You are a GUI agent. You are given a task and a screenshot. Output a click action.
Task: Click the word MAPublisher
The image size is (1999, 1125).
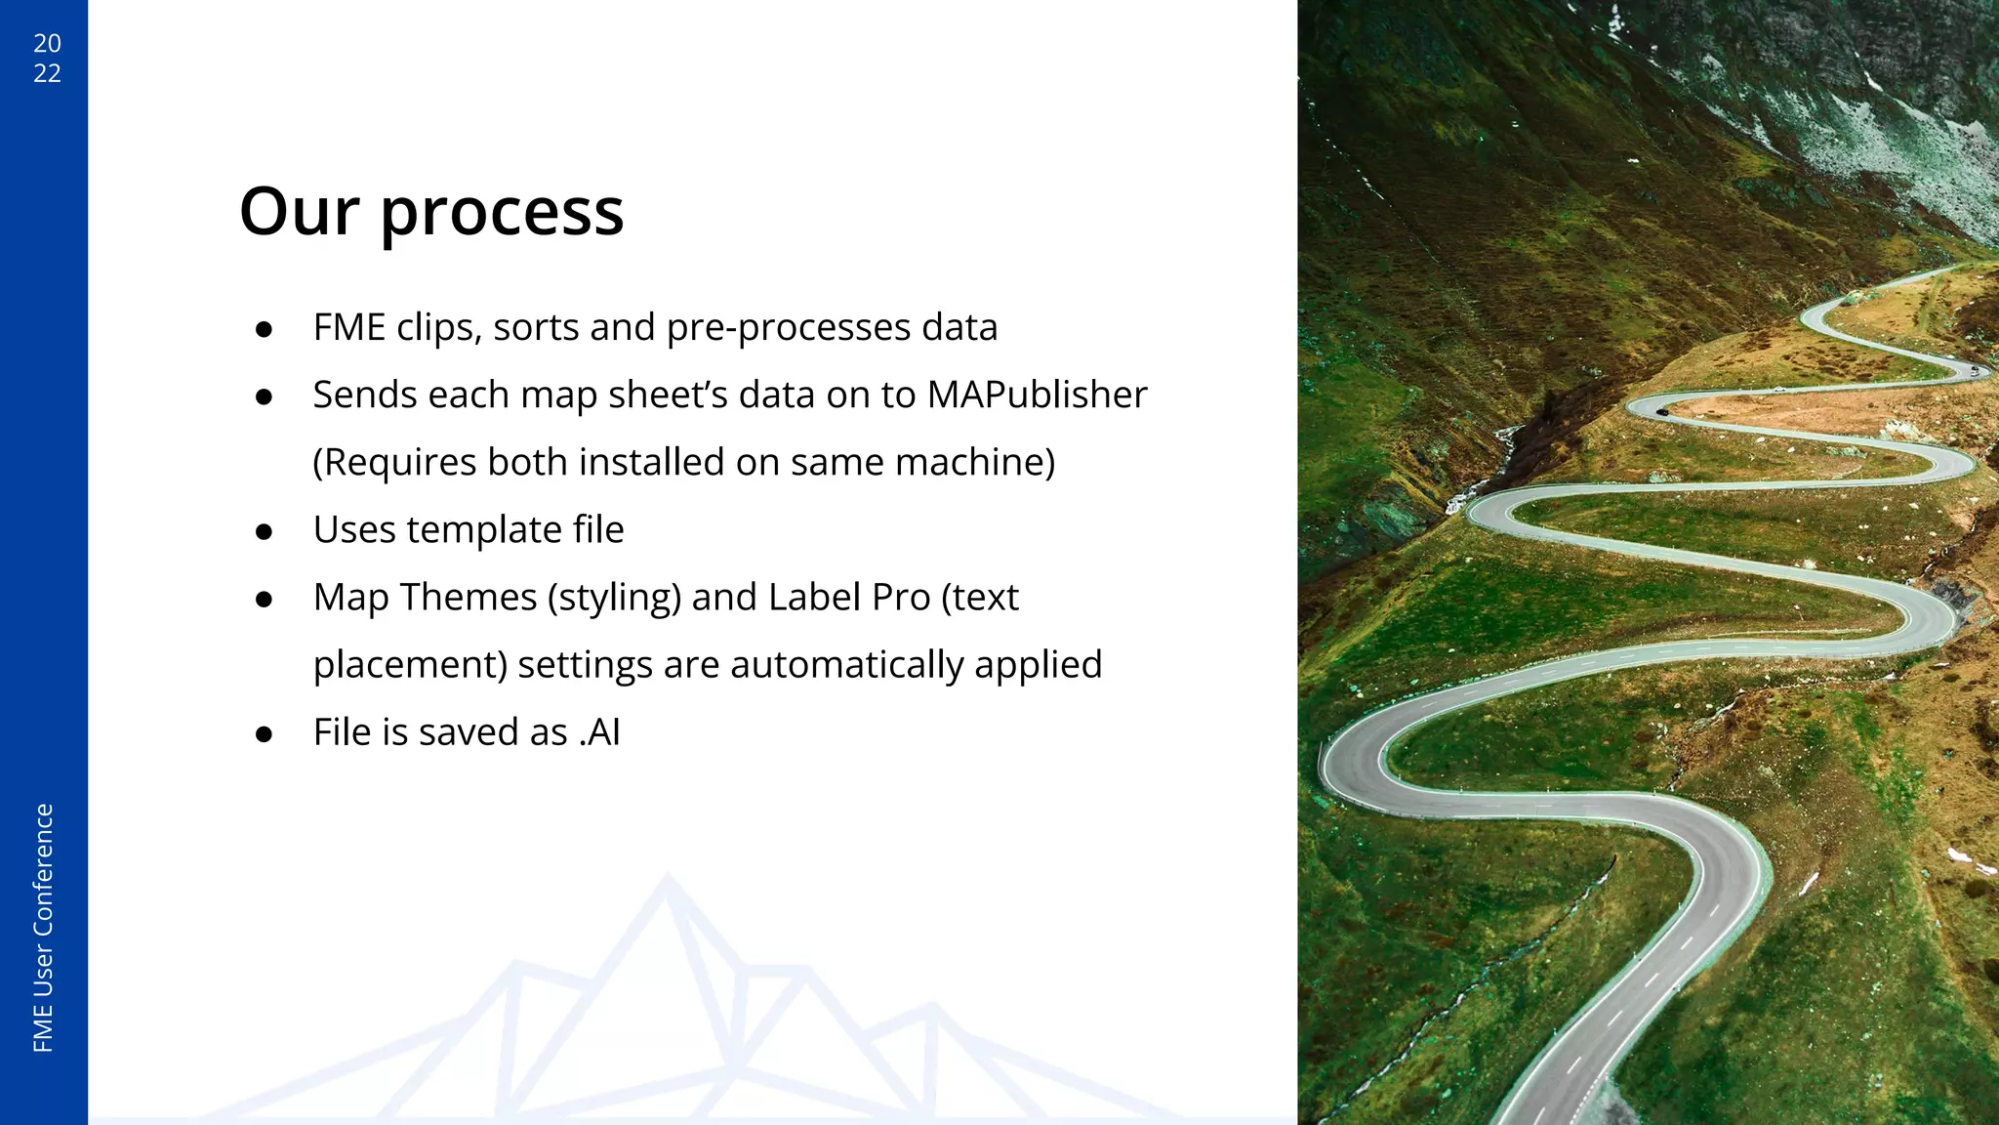click(x=1037, y=396)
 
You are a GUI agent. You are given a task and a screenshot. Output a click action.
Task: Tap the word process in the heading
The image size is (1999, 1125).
click(x=502, y=213)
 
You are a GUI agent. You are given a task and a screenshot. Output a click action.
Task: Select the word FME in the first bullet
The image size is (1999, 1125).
click(x=349, y=327)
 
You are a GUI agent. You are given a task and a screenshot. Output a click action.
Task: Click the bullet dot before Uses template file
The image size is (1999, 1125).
click(x=264, y=532)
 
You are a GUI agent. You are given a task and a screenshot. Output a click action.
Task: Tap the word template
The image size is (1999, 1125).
click(x=484, y=530)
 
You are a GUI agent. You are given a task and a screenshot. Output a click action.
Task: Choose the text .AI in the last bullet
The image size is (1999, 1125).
click(x=599, y=732)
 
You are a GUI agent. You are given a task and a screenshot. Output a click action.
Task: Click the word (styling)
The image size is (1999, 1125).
click(x=614, y=599)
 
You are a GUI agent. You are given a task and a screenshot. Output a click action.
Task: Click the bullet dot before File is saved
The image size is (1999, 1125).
click(x=264, y=734)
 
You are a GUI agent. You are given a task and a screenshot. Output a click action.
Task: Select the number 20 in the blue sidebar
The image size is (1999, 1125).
click(x=47, y=43)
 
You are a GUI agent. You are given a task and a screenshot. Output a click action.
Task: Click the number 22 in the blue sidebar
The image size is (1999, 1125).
click(x=47, y=73)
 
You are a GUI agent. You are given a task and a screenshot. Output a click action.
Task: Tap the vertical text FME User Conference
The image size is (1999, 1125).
click(x=43, y=928)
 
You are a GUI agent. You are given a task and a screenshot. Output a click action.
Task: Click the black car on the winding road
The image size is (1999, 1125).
click(x=1662, y=412)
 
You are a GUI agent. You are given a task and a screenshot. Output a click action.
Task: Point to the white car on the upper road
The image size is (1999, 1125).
click(x=1974, y=369)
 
